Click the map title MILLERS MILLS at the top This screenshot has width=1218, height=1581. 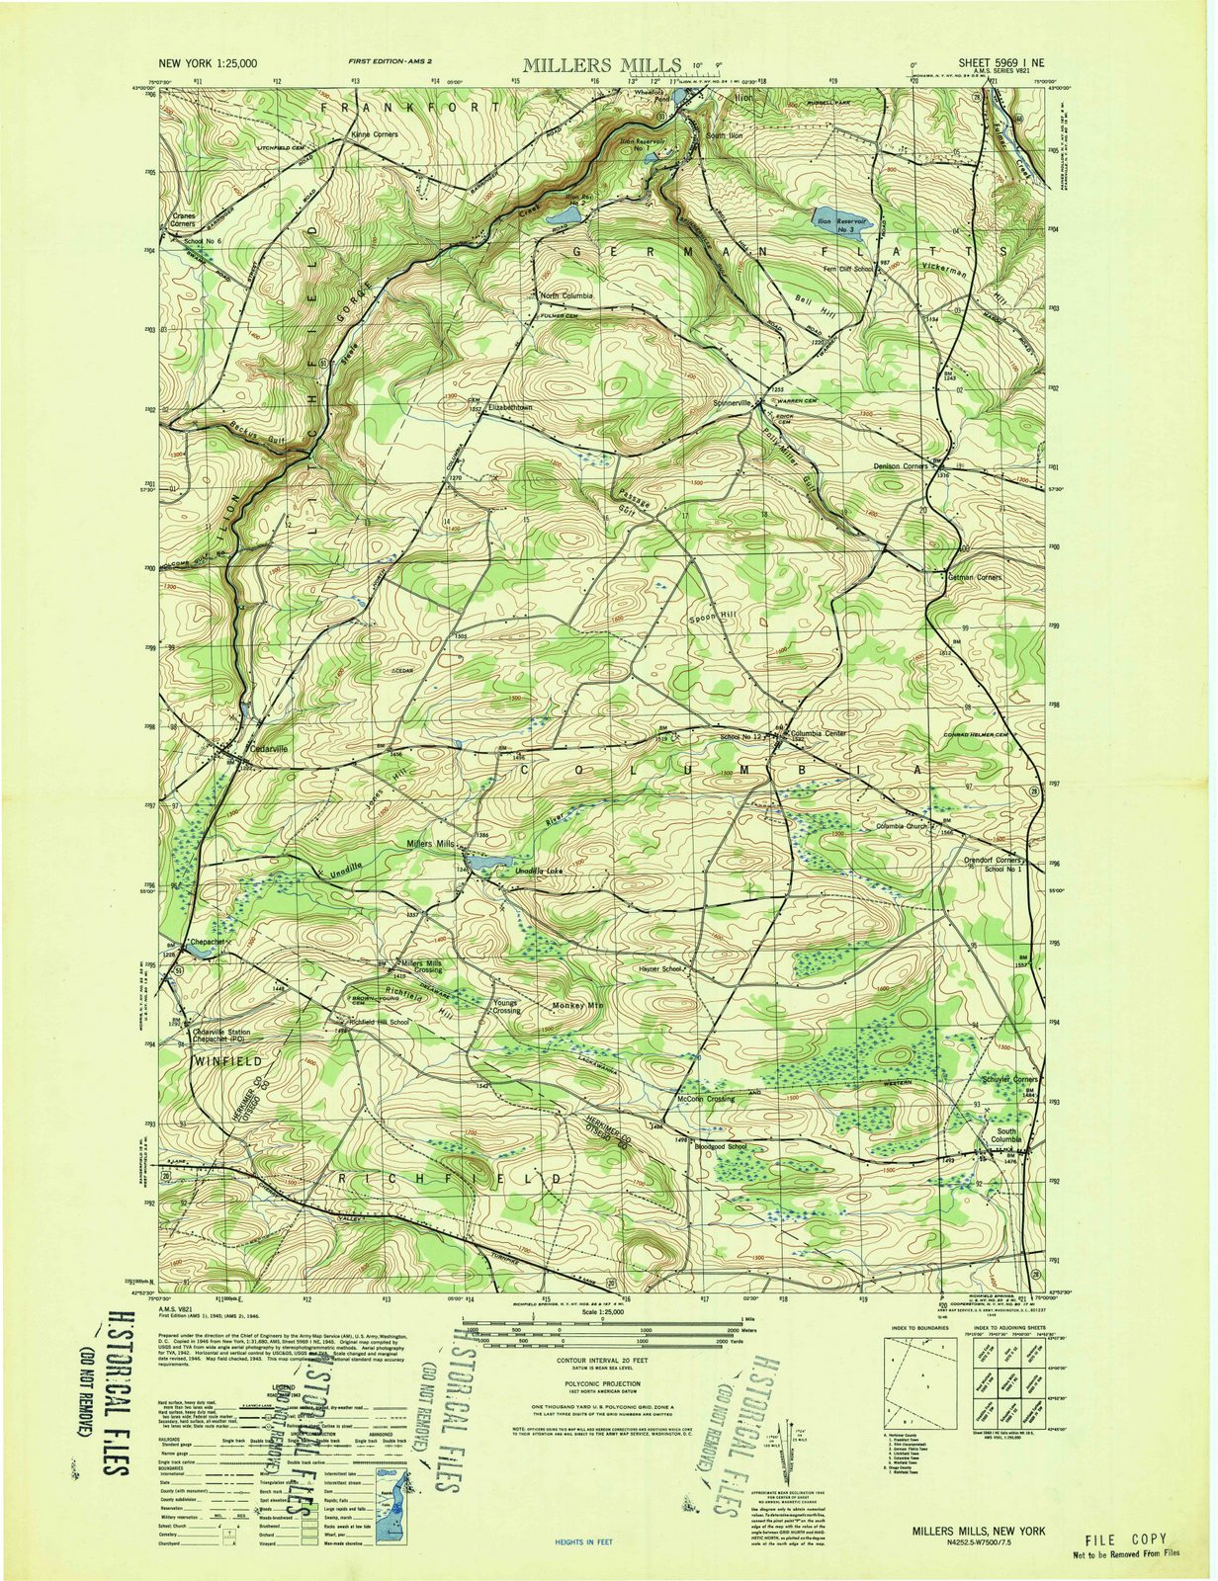[601, 65]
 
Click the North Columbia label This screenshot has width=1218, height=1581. [566, 295]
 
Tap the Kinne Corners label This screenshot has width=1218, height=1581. [373, 134]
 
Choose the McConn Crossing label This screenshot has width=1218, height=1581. [705, 1099]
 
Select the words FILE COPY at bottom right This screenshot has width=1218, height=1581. [1125, 1539]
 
